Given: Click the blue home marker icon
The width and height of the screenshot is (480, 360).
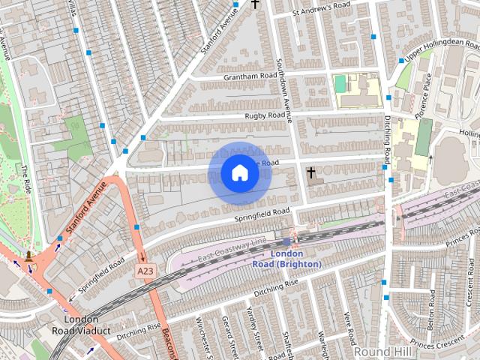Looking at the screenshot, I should pyautogui.click(x=240, y=174).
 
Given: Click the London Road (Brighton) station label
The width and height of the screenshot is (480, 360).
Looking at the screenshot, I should pyautogui.click(x=286, y=259).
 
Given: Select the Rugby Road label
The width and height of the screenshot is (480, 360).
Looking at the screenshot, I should pyautogui.click(x=265, y=115).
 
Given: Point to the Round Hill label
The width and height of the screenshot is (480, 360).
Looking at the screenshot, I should pyautogui.click(x=382, y=351).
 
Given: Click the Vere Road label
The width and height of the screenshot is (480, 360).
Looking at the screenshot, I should pyautogui.click(x=348, y=323).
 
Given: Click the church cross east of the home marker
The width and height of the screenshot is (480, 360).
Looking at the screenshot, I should pyautogui.click(x=310, y=173).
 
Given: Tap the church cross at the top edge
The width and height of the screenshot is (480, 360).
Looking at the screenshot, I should pyautogui.click(x=255, y=4).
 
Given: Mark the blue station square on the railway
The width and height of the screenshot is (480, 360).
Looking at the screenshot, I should pyautogui.click(x=286, y=241).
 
